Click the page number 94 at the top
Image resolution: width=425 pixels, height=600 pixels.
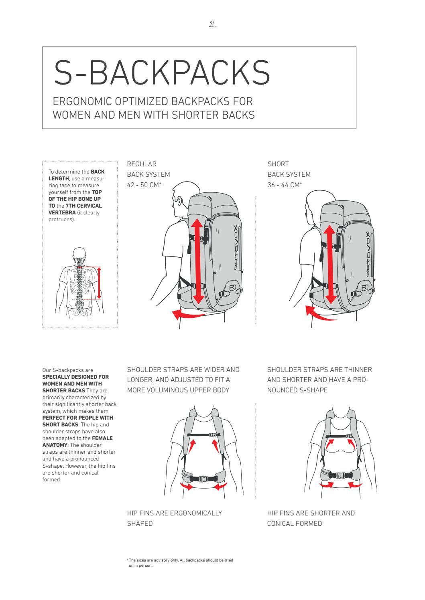(212, 23)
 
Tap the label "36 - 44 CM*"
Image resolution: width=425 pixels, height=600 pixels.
(285, 185)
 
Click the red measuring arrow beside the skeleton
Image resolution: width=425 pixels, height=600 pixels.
(99, 283)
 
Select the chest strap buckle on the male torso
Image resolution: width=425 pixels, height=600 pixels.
(213, 434)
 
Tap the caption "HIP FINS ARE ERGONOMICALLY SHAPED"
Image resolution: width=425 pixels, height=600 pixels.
(174, 518)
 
